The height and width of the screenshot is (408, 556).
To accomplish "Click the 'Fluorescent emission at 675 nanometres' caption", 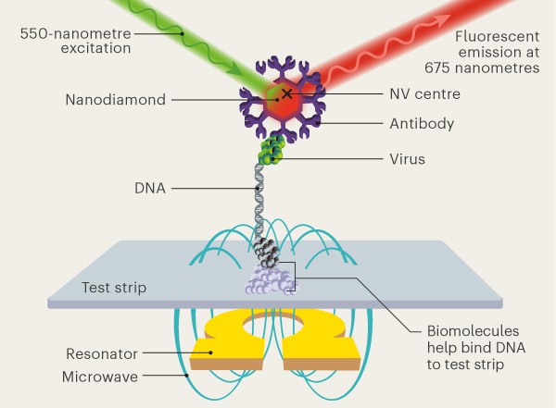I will tap(499, 52).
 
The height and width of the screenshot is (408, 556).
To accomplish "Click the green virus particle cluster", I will tap(270, 151).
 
